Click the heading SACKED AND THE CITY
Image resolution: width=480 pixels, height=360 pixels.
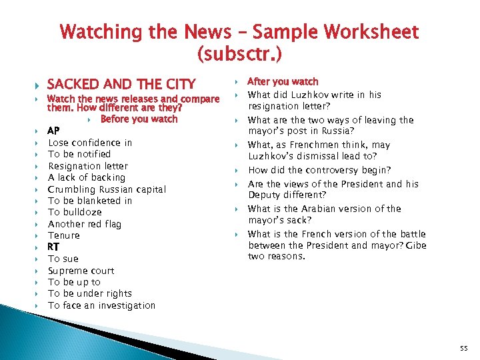[x=121, y=84]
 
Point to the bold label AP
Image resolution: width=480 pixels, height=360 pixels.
[x=53, y=131]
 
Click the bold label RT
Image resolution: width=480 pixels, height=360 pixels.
[x=53, y=247]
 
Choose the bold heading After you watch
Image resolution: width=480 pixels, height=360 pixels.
[x=283, y=81]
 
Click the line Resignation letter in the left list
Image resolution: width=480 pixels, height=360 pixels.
[x=88, y=166]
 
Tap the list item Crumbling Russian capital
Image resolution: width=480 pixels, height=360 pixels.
[x=107, y=189]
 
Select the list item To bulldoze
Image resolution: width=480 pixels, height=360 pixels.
[x=75, y=212]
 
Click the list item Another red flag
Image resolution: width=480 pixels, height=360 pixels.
[x=85, y=224]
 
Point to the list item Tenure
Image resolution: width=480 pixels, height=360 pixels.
[x=64, y=235]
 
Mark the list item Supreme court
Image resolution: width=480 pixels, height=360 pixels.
[x=81, y=271]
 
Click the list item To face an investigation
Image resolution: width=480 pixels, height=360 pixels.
[x=101, y=305]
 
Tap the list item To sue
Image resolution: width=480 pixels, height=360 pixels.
[x=63, y=259]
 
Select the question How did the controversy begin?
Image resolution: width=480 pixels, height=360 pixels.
[x=319, y=171]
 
